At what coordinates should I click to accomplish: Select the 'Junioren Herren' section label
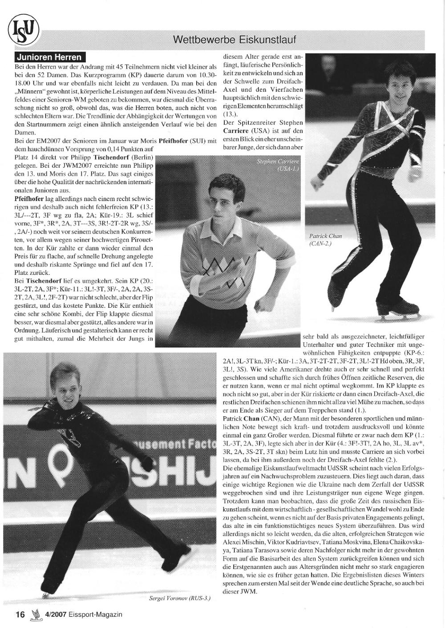(x=50, y=57)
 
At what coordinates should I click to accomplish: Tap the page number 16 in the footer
(x=20, y=614)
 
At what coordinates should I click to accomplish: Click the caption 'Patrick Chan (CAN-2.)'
(x=326, y=240)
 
